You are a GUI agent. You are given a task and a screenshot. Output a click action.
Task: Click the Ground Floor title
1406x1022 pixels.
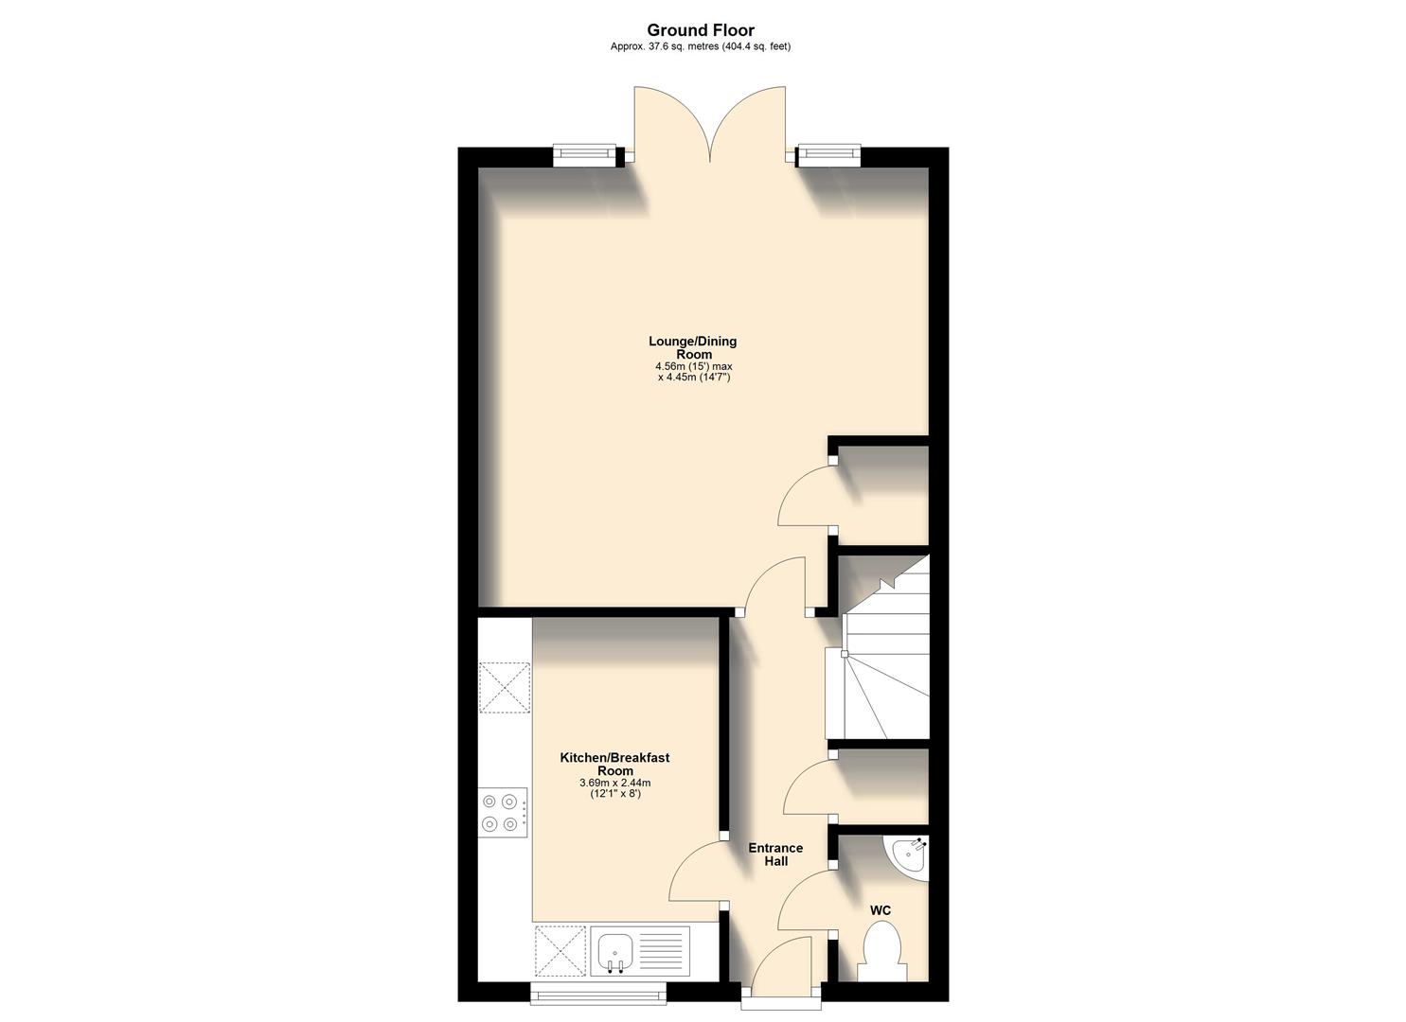click(701, 30)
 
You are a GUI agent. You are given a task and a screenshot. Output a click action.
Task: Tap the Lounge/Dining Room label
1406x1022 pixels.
click(693, 347)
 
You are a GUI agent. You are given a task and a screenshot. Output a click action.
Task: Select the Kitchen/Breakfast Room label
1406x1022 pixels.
click(614, 764)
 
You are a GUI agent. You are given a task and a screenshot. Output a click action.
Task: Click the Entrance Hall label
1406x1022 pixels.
click(775, 855)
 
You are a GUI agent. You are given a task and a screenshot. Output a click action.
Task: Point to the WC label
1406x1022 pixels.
click(881, 910)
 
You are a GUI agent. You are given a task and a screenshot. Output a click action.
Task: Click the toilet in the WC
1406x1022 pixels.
click(881, 952)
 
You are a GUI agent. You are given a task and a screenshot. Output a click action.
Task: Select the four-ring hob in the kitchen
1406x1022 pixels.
click(503, 812)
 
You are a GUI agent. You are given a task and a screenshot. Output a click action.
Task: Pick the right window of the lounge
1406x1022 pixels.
click(828, 155)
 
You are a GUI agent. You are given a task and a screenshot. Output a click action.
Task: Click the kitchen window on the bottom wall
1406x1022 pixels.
click(597, 992)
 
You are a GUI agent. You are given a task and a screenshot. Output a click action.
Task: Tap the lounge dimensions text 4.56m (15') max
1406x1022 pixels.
click(693, 366)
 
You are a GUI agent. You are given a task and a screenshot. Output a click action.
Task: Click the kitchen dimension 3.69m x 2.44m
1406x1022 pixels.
click(614, 783)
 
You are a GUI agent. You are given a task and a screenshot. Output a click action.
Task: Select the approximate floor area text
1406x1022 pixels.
click(701, 46)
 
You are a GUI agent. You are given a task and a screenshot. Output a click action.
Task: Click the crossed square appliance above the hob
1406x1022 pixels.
click(505, 686)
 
